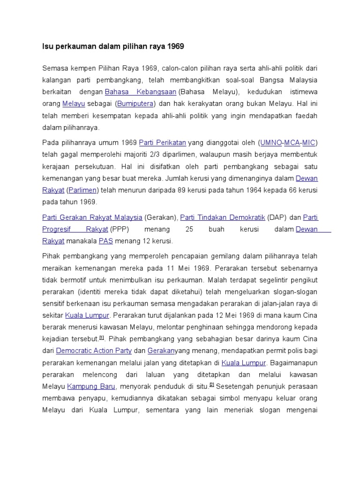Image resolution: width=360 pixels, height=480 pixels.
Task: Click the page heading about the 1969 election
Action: pos(113,46)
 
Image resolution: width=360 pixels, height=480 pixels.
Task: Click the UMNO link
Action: pos(271,142)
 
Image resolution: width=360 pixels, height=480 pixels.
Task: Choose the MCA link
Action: pos(292,142)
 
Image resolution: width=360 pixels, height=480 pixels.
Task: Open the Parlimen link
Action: pos(82,190)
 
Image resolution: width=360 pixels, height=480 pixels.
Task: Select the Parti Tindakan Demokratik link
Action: pos(223,217)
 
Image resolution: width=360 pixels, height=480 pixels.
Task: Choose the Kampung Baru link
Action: pos(91,386)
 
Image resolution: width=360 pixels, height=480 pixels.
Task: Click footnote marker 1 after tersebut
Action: pos(101,337)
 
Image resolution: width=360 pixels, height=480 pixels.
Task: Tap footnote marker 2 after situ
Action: pos(212,384)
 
